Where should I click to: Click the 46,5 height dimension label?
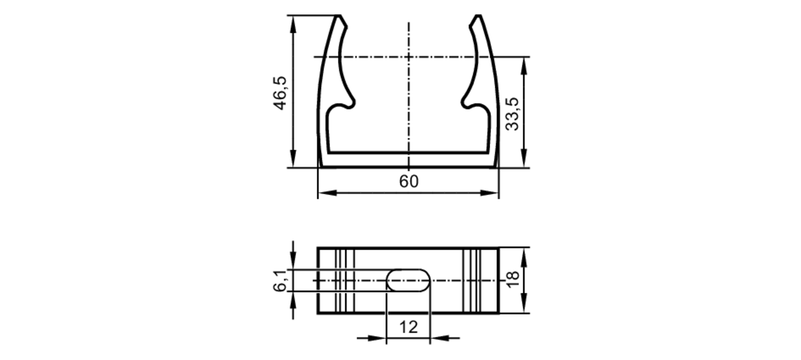[280, 93]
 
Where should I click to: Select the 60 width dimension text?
[409, 182]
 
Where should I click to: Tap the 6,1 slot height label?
[280, 281]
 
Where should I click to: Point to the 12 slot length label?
[409, 327]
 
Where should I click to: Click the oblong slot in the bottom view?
[408, 280]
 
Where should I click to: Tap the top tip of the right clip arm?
[478, 17]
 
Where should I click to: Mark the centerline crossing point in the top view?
[409, 57]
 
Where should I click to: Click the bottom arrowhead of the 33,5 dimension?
[524, 159]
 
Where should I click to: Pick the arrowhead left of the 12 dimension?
[376, 338]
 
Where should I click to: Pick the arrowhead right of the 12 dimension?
[440, 338]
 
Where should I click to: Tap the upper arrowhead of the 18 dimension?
[524, 257]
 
